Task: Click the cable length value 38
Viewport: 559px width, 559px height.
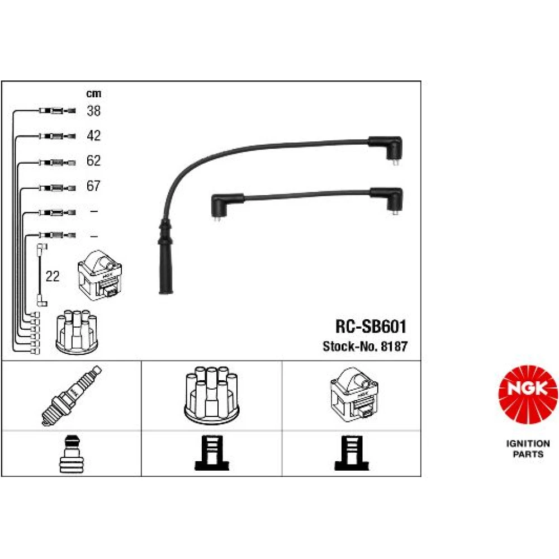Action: pyautogui.click(x=93, y=111)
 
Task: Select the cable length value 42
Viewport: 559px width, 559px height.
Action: pyautogui.click(x=93, y=135)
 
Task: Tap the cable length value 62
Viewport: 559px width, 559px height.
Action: pyautogui.click(x=93, y=160)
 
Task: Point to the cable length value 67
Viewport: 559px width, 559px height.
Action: pyautogui.click(x=93, y=186)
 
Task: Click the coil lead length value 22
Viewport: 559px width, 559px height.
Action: pyautogui.click(x=53, y=276)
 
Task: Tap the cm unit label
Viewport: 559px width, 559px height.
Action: pyautogui.click(x=94, y=94)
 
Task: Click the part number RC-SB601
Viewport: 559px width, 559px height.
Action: pyautogui.click(x=371, y=326)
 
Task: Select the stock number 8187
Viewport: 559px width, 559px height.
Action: pyautogui.click(x=394, y=347)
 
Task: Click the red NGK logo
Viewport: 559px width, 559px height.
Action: pyautogui.click(x=528, y=395)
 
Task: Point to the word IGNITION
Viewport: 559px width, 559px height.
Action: pyautogui.click(x=528, y=444)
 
